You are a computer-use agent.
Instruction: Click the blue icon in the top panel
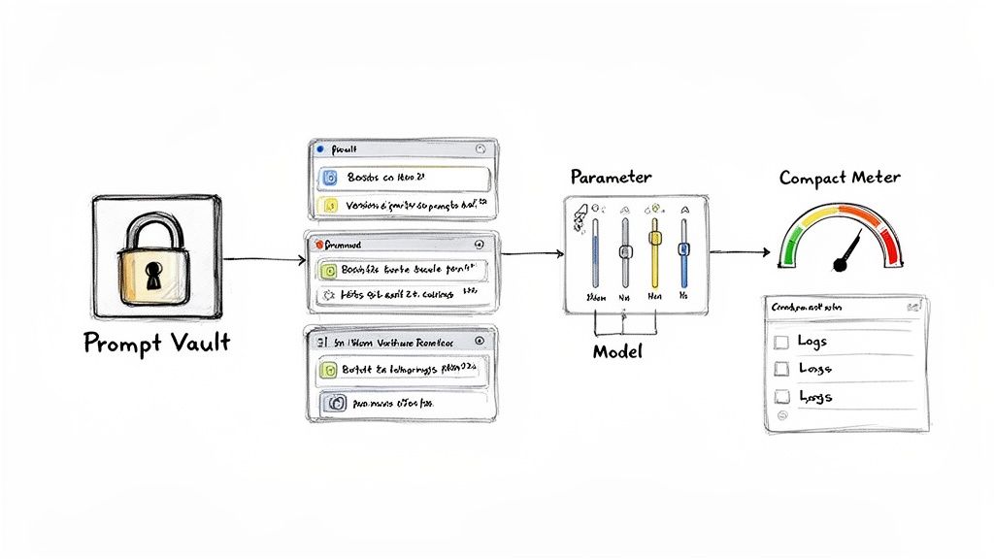[x=330, y=178]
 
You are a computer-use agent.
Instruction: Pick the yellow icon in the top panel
[x=330, y=206]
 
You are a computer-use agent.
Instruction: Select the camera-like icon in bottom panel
[x=338, y=401]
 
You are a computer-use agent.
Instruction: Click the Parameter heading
[x=611, y=178]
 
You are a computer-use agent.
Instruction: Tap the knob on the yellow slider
[x=655, y=235]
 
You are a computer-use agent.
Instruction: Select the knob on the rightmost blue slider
[x=683, y=248]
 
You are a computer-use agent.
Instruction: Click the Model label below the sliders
[x=617, y=352]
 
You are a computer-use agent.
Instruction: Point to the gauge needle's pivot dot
[x=841, y=262]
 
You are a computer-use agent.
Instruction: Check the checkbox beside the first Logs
[x=779, y=341]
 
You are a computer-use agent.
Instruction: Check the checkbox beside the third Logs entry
[x=779, y=396]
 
